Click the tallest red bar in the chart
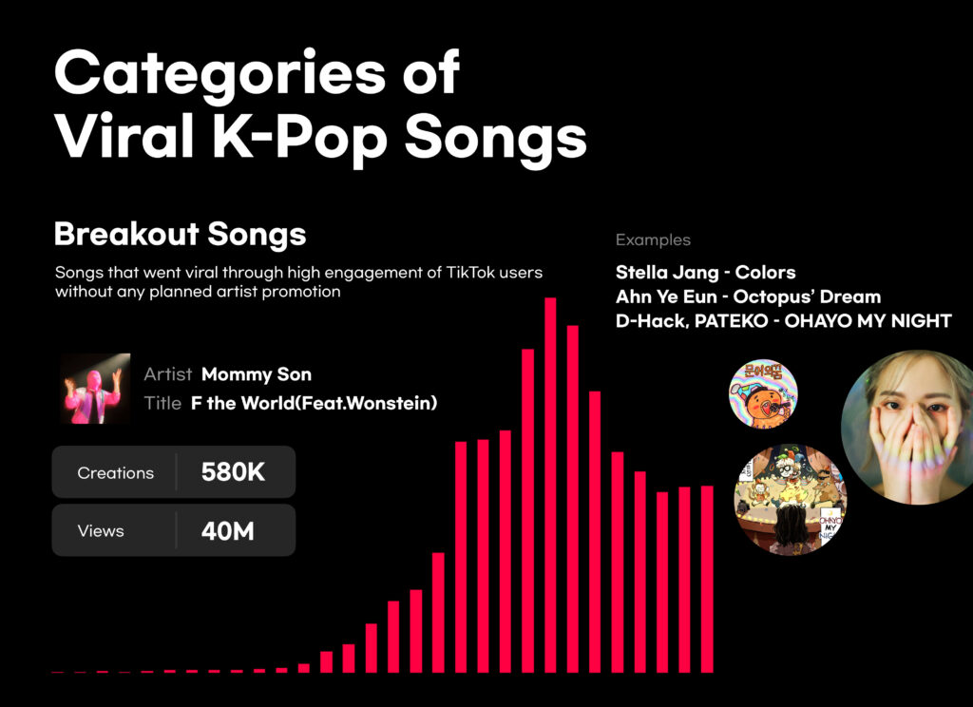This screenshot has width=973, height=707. [x=550, y=486]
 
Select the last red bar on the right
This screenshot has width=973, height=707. [x=707, y=579]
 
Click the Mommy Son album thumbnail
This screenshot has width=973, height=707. [x=96, y=389]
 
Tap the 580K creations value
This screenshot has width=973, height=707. [x=233, y=472]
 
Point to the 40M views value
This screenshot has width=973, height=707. [x=228, y=531]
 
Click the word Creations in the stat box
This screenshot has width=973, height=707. [x=115, y=473]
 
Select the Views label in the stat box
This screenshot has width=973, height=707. [x=101, y=531]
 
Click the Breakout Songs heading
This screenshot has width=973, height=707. [x=180, y=235]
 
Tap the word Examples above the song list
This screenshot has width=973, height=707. [x=653, y=240]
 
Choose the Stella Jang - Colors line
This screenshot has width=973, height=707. [x=706, y=273]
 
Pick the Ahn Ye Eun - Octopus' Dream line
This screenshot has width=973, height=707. [x=748, y=296]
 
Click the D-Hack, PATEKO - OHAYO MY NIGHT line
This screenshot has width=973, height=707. [x=783, y=321]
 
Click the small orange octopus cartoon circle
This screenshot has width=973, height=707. [x=763, y=393]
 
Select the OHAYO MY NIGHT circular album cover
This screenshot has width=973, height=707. [x=791, y=499]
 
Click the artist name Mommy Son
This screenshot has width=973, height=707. [x=257, y=374]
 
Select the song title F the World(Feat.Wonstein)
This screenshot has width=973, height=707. [x=314, y=404]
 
